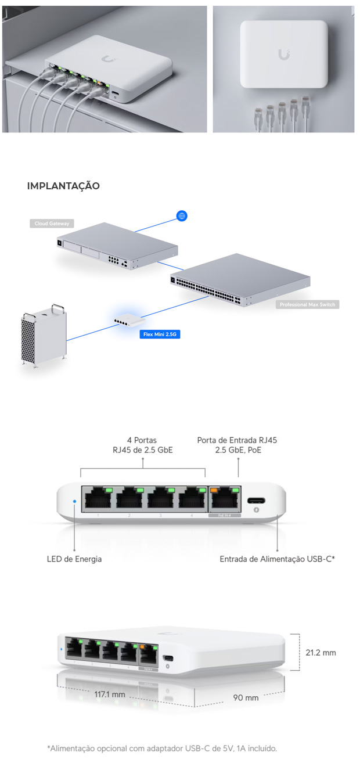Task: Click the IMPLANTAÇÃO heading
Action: [x=63, y=186]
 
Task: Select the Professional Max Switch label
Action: [x=307, y=304]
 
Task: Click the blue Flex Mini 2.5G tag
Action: [x=159, y=334]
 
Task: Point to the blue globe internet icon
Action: [x=182, y=216]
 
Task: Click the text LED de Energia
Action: [x=74, y=559]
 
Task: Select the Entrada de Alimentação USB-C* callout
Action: [x=278, y=559]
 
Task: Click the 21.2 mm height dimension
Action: [x=321, y=653]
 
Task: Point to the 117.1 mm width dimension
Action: [x=109, y=694]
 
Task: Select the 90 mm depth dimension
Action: [x=246, y=697]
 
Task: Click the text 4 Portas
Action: [x=142, y=440]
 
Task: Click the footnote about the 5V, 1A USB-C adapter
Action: [x=162, y=748]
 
